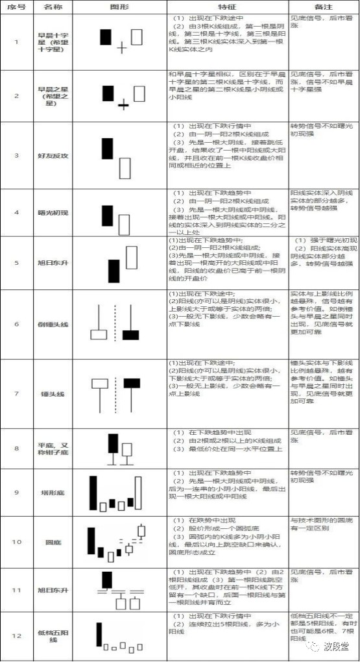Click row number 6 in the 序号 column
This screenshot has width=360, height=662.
point(16,324)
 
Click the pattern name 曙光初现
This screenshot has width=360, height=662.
point(53,213)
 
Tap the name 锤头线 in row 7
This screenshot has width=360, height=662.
point(53,394)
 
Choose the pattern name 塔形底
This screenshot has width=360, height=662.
point(53,492)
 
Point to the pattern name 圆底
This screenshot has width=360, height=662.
point(53,541)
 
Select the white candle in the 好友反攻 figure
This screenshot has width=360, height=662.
point(125,167)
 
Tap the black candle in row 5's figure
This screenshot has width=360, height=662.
point(114,271)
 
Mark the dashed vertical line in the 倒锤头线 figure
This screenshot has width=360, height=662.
point(115,323)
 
